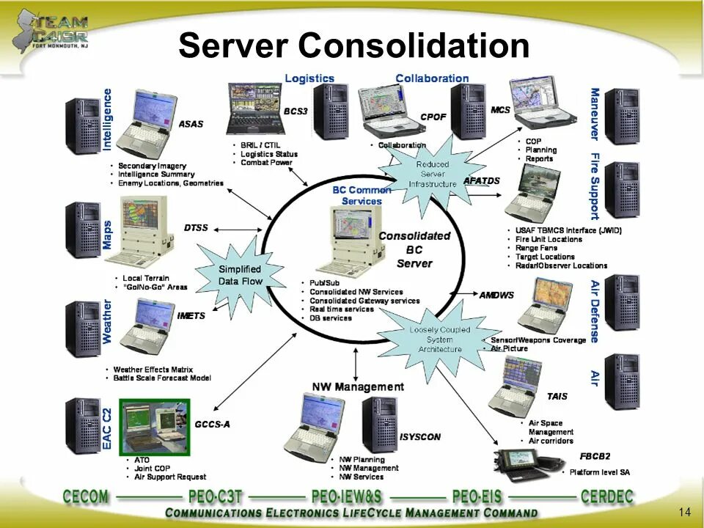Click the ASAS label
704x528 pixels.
pyautogui.click(x=191, y=124)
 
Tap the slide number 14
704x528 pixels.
pyautogui.click(x=686, y=511)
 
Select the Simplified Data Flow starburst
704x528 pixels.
pyautogui.click(x=240, y=275)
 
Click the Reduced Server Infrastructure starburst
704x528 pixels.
pyautogui.click(x=432, y=175)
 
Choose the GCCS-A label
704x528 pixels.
pyautogui.click(x=212, y=424)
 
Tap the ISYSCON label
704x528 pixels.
pyautogui.click(x=420, y=437)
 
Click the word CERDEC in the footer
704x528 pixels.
pyautogui.click(x=606, y=496)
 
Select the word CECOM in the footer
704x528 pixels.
pyautogui.click(x=86, y=496)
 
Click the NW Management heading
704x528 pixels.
pyautogui.click(x=358, y=386)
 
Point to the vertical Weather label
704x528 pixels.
pyautogui.click(x=108, y=322)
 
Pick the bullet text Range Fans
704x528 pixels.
pyautogui.click(x=537, y=248)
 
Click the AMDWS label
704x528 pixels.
pyautogui.click(x=496, y=296)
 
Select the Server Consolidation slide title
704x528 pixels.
pyautogui.click(x=353, y=45)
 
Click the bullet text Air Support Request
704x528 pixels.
pyautogui.click(x=170, y=477)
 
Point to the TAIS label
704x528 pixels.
pyautogui.click(x=557, y=397)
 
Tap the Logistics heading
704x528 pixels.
pyautogui.click(x=309, y=78)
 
